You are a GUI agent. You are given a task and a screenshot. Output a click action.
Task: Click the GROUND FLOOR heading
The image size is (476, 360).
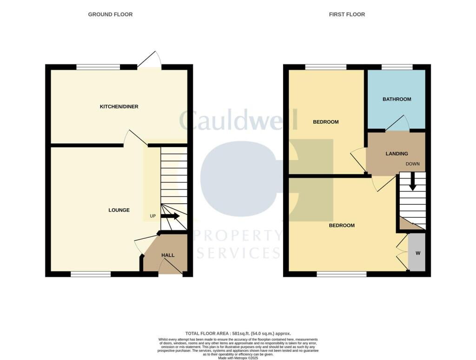tap(110, 14)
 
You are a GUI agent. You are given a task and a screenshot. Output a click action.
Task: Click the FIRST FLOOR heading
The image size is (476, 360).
tap(347, 14)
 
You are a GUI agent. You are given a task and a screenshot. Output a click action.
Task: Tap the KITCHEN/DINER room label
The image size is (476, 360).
tap(119, 107)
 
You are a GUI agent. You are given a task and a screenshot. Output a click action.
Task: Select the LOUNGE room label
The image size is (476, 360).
tap(119, 210)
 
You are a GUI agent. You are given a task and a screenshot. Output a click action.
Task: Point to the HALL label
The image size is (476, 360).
tap(168, 255)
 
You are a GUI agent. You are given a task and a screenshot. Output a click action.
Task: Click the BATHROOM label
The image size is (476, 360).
tap(397, 99)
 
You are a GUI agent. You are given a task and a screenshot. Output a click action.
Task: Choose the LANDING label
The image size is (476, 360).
tap(397, 153)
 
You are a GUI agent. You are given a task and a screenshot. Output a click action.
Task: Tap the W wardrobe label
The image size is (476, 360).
tap(417, 253)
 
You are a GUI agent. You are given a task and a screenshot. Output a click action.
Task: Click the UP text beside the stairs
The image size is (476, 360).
tap(152, 216)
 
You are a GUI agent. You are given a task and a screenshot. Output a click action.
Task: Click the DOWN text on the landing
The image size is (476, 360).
tap(412, 164)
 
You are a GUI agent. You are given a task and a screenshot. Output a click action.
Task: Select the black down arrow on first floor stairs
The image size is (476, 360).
tap(412, 182)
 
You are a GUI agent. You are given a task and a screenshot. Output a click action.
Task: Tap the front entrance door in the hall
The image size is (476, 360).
tap(171, 266)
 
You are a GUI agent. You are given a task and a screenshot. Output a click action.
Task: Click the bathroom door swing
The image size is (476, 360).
tap(398, 123)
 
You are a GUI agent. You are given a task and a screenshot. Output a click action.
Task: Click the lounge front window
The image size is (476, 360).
tap(91, 274)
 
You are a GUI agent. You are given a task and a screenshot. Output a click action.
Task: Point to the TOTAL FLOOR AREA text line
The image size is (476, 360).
tap(238, 333)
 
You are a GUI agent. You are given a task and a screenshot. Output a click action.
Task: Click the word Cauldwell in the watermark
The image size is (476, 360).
tap(238, 120)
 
